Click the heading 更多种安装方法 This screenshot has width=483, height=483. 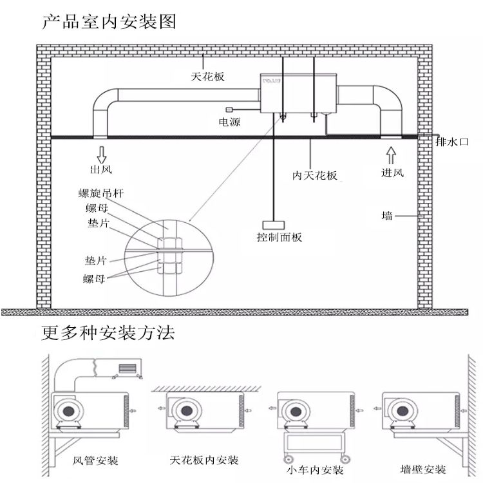pos(108,334)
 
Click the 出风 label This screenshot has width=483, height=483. pos(100,170)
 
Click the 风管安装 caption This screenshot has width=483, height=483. pos(95,461)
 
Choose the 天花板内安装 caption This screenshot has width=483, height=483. pos(204,460)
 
